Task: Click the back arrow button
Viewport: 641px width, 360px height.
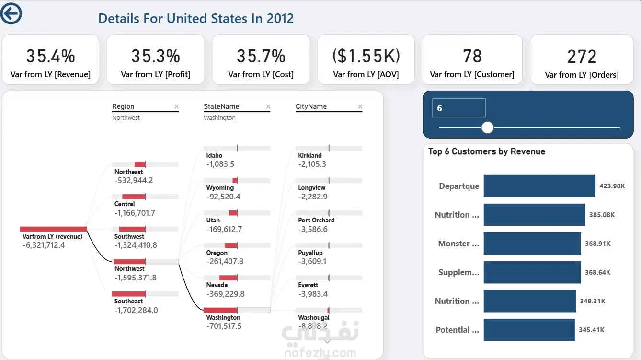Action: (x=11, y=13)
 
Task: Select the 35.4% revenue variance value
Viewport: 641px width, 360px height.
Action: (x=51, y=56)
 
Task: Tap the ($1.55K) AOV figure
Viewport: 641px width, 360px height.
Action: (x=366, y=56)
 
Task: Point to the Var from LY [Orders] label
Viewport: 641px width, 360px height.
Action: (x=582, y=75)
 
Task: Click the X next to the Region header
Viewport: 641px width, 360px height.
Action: (x=176, y=107)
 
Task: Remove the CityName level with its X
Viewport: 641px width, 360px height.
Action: (x=360, y=107)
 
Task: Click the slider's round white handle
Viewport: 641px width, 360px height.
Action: (x=487, y=127)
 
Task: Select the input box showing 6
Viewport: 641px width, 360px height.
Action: (x=459, y=108)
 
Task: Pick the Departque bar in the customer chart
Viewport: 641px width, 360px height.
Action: (x=539, y=186)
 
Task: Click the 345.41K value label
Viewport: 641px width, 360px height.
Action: (x=592, y=330)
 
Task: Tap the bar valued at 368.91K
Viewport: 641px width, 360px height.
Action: (x=532, y=244)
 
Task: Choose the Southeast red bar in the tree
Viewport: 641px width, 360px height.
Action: (x=128, y=294)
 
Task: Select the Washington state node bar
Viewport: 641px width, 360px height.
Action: (x=220, y=310)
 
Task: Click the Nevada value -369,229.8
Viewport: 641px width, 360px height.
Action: (x=226, y=294)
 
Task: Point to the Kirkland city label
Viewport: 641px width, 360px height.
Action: (x=310, y=155)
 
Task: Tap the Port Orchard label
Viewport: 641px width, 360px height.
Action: (x=316, y=220)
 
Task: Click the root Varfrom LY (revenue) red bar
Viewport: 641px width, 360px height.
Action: (x=53, y=229)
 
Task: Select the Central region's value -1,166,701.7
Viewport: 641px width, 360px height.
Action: (x=135, y=213)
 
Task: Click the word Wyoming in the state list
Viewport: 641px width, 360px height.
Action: (x=220, y=188)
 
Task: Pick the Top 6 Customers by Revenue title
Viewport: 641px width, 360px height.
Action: (x=486, y=151)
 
